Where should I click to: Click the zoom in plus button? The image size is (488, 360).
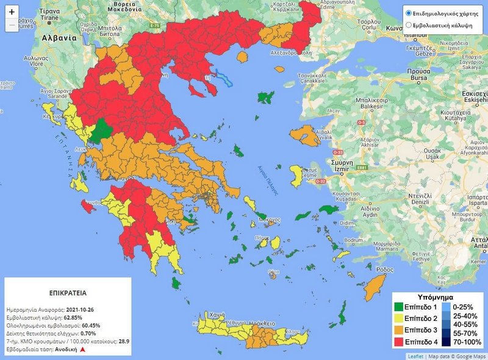(12, 12)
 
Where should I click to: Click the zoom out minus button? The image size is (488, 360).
(12, 25)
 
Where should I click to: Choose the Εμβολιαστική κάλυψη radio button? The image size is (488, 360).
(409, 26)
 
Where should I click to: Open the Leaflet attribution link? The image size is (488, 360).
(415, 356)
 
